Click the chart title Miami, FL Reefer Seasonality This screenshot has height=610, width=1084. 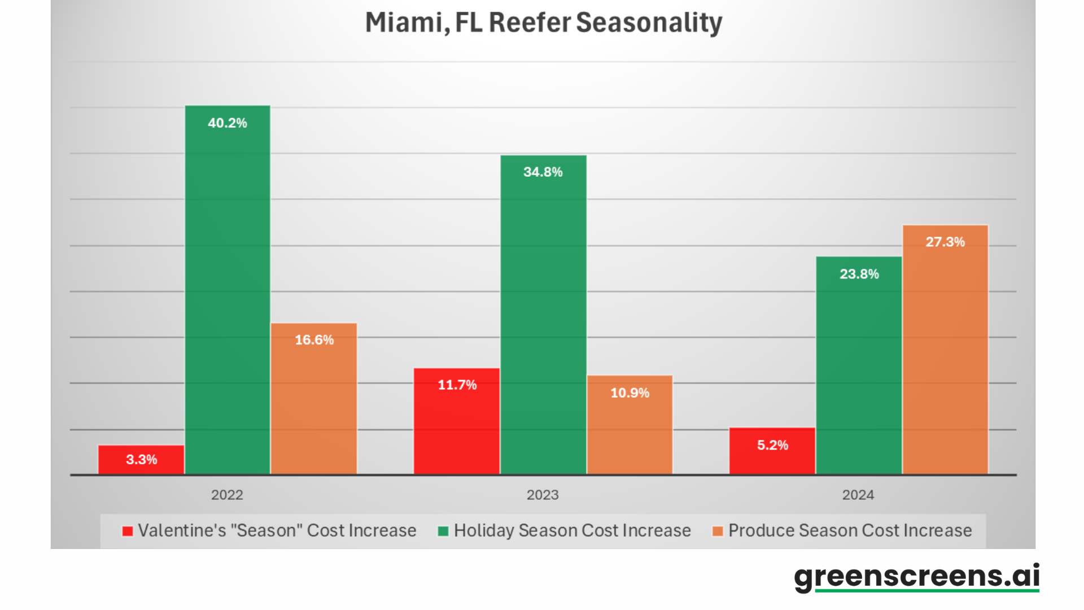click(543, 23)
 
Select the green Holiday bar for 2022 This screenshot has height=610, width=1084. click(228, 294)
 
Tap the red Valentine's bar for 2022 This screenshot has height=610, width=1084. click(141, 460)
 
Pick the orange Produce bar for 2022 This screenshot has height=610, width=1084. click(314, 401)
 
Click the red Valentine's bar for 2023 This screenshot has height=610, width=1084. click(457, 424)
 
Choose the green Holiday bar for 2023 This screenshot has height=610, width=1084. click(543, 316)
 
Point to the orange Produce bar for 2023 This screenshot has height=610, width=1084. click(630, 426)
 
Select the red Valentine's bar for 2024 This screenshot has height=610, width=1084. click(772, 452)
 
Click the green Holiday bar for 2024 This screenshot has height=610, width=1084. click(859, 367)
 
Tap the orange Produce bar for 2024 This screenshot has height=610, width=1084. click(945, 350)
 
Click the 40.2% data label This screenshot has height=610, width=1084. click(228, 123)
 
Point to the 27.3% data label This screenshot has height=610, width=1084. click(945, 242)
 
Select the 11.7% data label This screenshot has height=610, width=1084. click(457, 385)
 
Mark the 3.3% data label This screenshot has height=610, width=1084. click(141, 460)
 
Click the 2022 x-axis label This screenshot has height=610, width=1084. click(227, 495)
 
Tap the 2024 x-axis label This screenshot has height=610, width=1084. click(858, 495)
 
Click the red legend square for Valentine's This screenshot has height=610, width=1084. click(128, 531)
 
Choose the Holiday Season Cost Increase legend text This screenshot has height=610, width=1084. click(572, 531)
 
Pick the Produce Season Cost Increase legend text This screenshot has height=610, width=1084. click(850, 531)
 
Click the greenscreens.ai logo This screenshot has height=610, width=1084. click(916, 576)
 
